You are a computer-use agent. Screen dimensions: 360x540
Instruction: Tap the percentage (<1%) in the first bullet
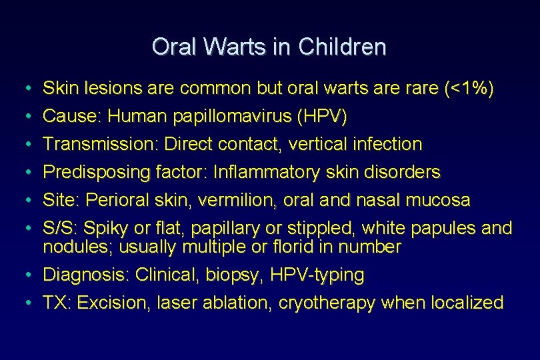(469, 89)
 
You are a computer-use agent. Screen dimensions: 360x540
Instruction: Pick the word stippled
(324, 229)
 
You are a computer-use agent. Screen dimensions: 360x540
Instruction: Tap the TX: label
(57, 303)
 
